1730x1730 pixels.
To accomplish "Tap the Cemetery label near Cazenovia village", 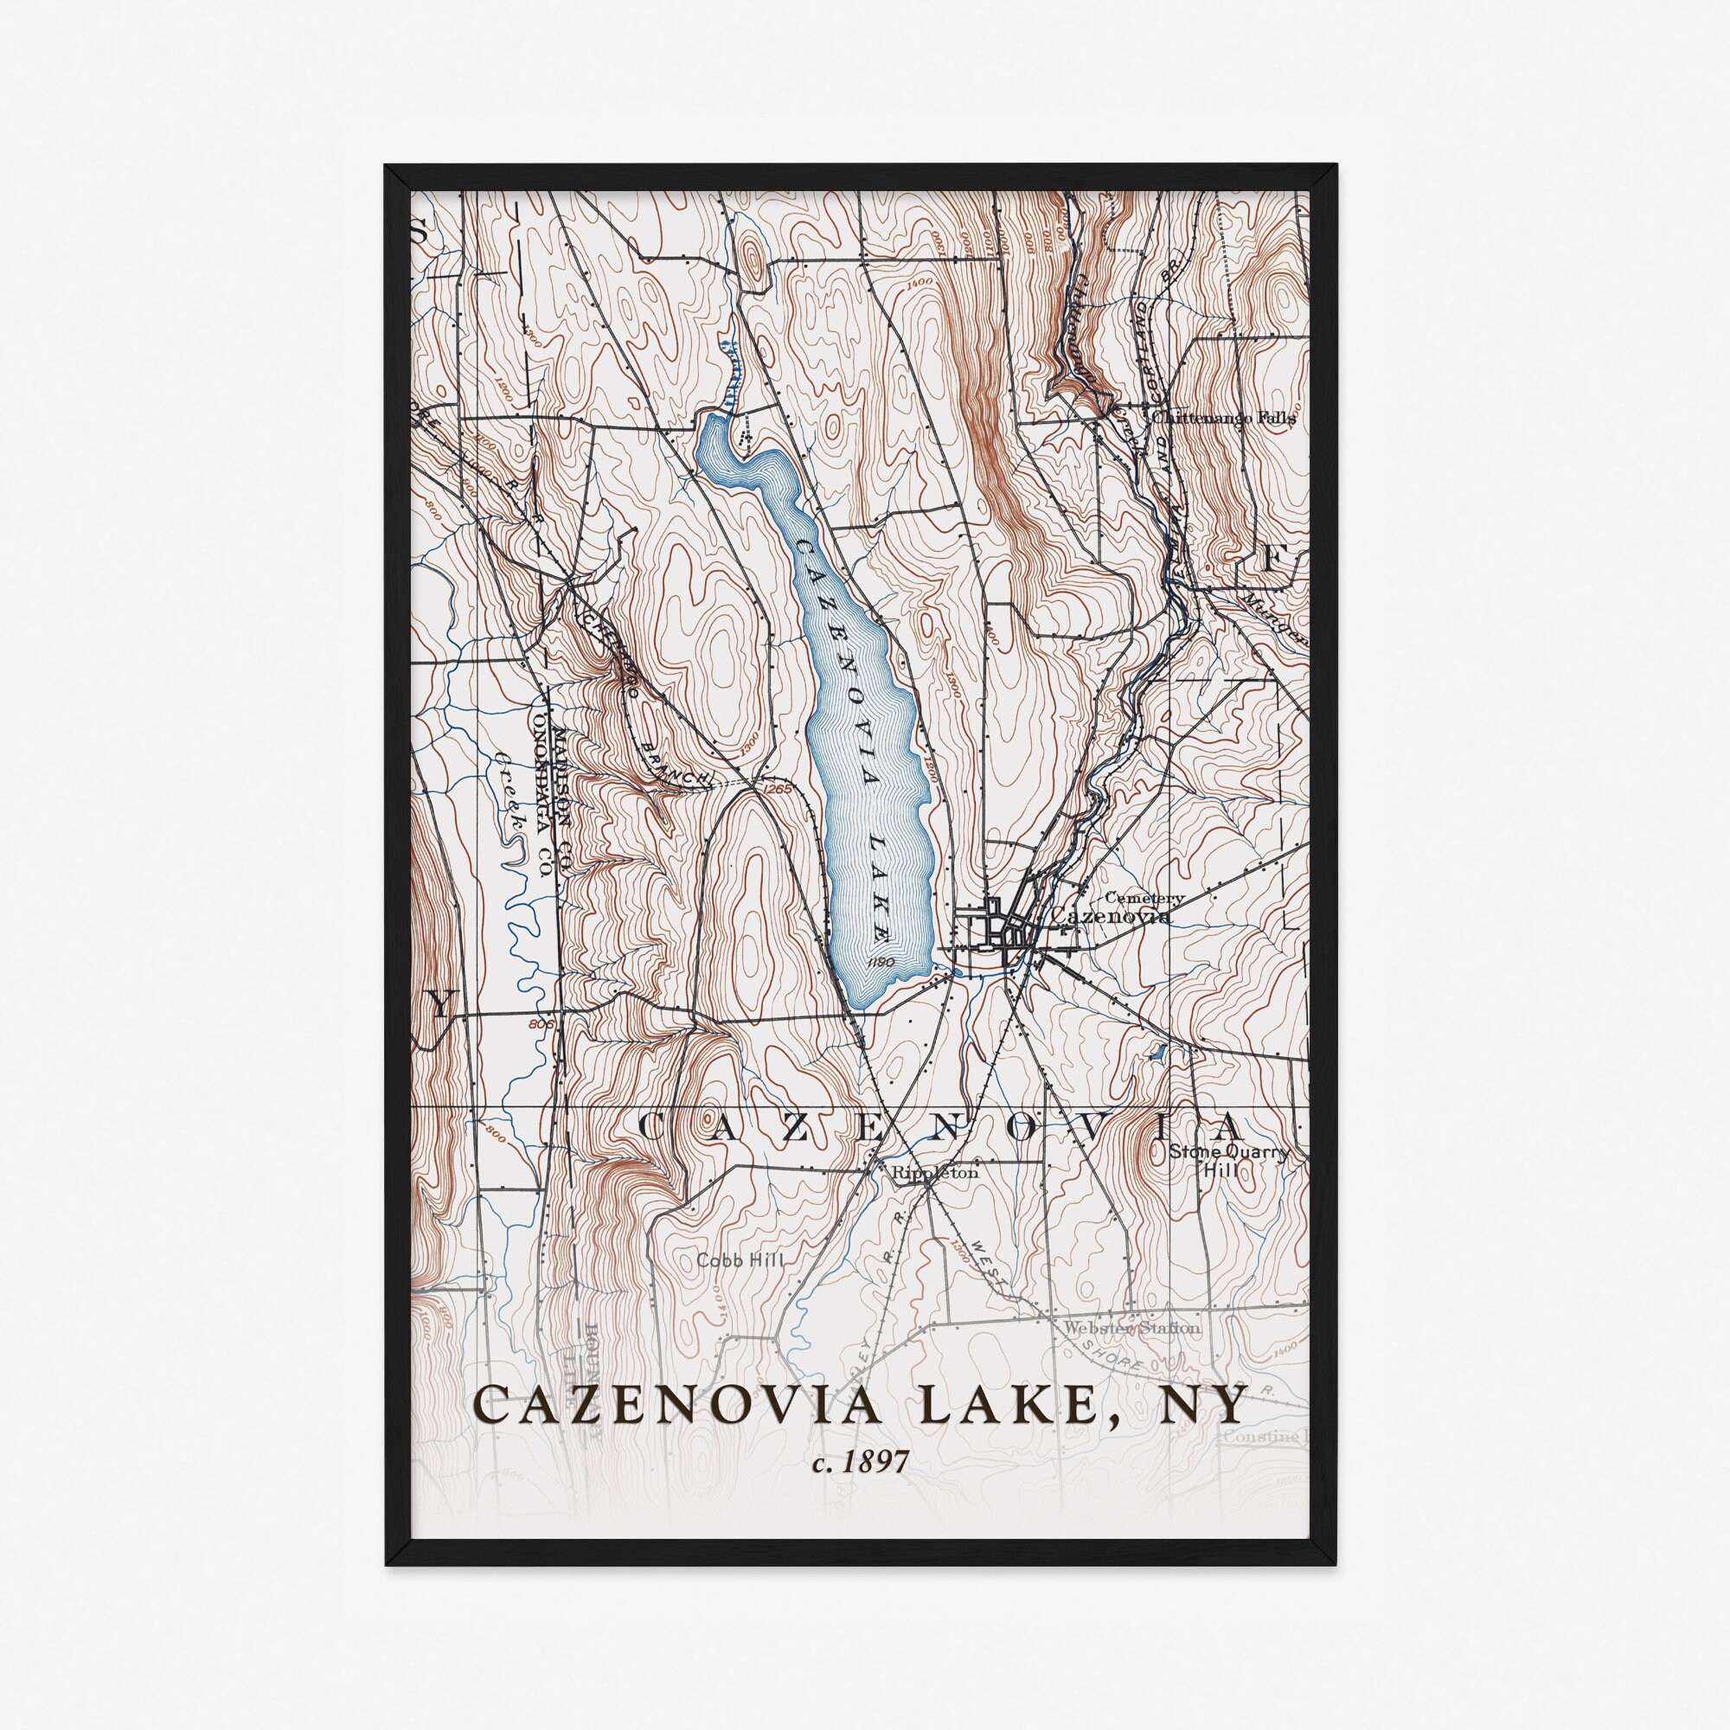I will click(1145, 897).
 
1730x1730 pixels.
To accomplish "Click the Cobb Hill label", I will click(740, 1260).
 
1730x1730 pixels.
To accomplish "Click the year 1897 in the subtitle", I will click(877, 1462).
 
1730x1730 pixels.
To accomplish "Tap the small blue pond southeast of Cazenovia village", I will click(1157, 1053).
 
